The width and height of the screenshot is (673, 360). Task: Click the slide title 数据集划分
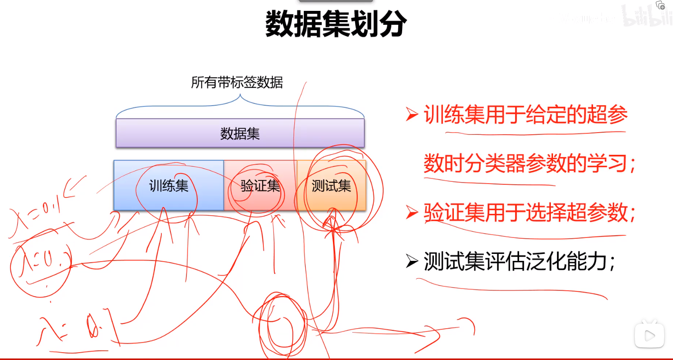pos(336,23)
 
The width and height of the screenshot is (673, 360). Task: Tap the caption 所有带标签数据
pos(237,82)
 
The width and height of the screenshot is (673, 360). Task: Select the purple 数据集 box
pos(240,133)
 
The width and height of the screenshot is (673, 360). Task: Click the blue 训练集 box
pos(168,186)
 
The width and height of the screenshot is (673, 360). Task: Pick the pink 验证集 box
pos(260,186)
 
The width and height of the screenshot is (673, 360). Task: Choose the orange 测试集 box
pos(331,186)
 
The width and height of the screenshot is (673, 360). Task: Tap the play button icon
pos(650,335)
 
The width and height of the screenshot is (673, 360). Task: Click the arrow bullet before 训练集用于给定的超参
pos(411,114)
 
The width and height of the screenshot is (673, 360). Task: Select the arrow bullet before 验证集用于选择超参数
pos(411,212)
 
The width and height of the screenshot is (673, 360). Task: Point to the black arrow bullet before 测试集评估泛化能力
pos(411,261)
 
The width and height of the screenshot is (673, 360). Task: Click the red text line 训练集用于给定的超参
pos(525,115)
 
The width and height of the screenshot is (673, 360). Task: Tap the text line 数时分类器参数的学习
pos(529,163)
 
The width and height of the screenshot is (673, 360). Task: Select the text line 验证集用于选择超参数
pos(529,213)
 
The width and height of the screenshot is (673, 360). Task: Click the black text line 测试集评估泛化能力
pos(519,261)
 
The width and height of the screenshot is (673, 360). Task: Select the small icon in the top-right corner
pos(660,5)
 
